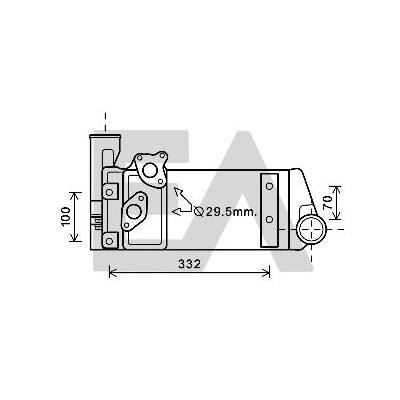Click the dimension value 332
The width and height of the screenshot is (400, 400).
click(x=189, y=264)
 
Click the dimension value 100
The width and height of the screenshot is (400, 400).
click(x=66, y=217)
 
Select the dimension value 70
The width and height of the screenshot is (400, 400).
click(x=328, y=202)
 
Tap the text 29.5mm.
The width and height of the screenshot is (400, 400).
click(x=231, y=211)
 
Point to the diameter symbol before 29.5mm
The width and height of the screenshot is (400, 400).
click(x=199, y=211)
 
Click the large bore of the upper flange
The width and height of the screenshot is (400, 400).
click(x=149, y=170)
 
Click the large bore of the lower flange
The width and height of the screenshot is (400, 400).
click(x=134, y=211)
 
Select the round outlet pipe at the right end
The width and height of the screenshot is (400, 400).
click(x=312, y=229)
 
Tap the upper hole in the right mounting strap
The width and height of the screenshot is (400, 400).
click(x=270, y=186)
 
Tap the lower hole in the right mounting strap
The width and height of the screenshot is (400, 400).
click(x=270, y=219)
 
